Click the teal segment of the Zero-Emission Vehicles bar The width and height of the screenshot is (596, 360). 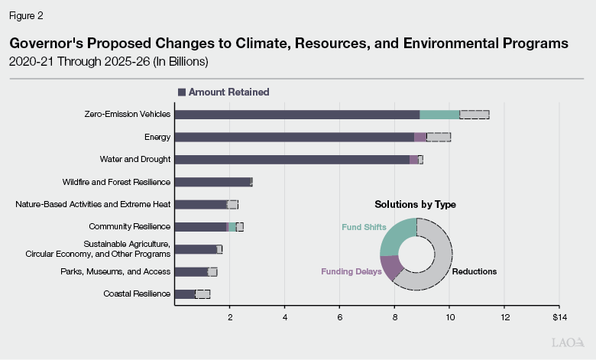click(439, 115)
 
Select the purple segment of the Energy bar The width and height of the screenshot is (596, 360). click(420, 137)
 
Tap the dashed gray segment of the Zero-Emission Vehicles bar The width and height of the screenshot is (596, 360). click(474, 115)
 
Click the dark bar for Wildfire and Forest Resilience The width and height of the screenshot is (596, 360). click(212, 182)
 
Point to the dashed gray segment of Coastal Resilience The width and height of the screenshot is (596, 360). click(202, 294)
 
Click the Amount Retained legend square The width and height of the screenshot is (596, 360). click(182, 92)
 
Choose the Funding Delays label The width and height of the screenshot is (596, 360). click(351, 271)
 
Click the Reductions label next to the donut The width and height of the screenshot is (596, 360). click(474, 271)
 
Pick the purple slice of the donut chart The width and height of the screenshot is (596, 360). click(390, 267)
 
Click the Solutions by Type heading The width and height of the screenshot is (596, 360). click(415, 205)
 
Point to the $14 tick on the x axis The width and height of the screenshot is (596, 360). click(559, 316)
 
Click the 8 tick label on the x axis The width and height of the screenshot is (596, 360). click(394, 316)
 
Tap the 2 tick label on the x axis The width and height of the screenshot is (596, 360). click(230, 316)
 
